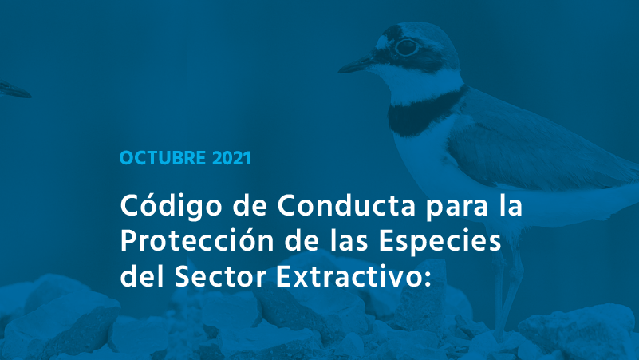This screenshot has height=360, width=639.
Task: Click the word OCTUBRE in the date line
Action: [x=163, y=158]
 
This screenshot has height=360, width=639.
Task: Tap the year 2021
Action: [x=231, y=158]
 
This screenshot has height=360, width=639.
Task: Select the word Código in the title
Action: [x=172, y=205]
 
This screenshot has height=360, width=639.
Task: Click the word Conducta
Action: [x=346, y=205]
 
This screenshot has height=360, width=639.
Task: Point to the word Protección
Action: [x=197, y=240]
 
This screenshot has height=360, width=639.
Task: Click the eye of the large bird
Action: [x=406, y=47]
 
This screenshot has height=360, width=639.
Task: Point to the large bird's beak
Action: [x=356, y=65]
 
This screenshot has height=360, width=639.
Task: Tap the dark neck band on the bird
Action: [x=424, y=109]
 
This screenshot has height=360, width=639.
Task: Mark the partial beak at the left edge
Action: [x=14, y=89]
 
